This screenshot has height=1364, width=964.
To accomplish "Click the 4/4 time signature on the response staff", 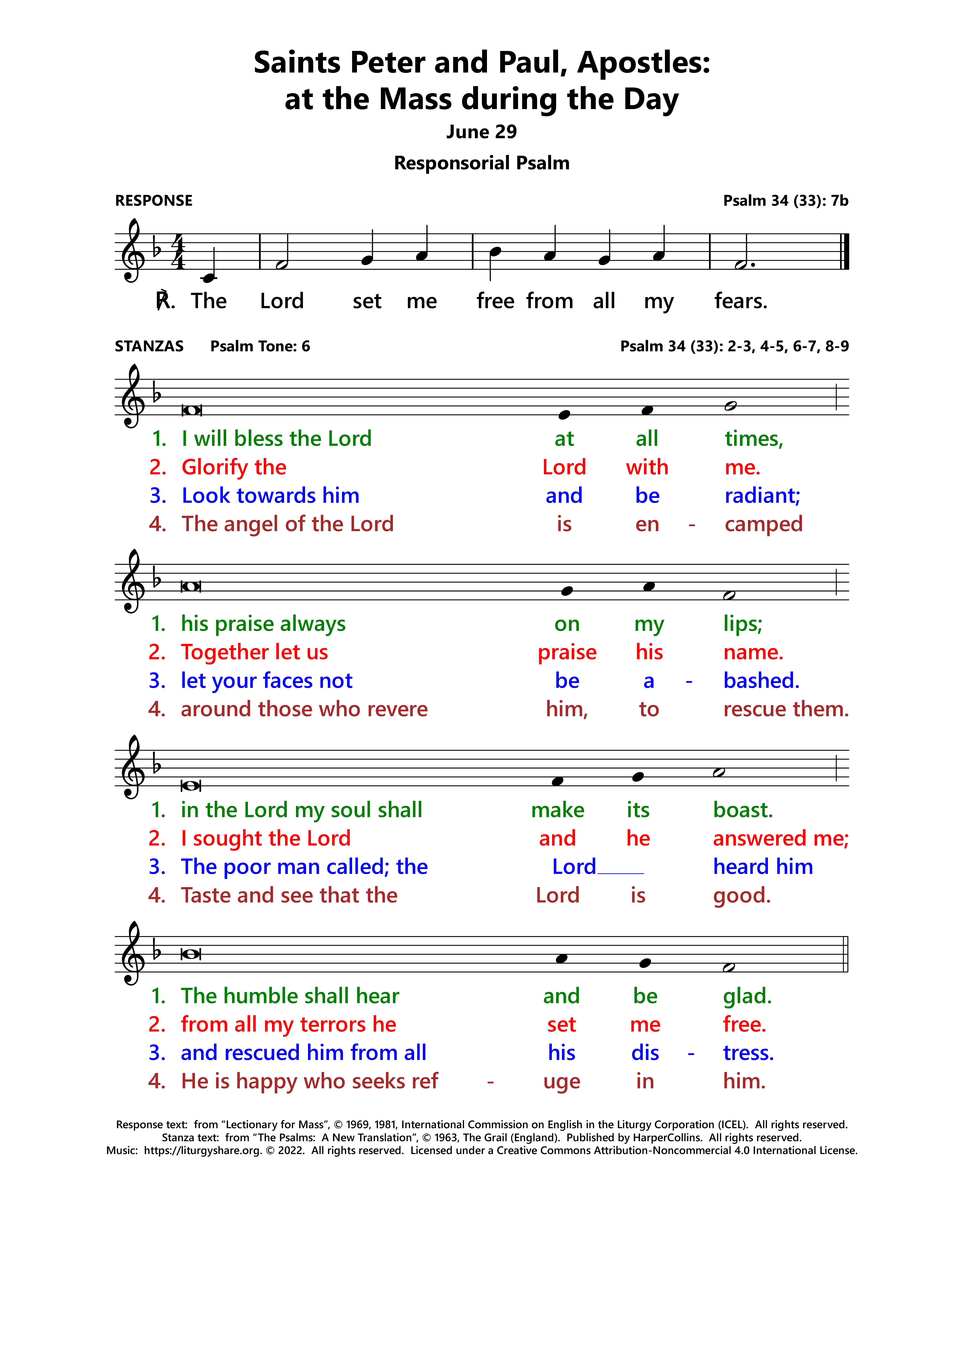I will click(x=178, y=251).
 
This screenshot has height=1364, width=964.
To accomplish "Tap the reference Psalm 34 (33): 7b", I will click(x=785, y=201).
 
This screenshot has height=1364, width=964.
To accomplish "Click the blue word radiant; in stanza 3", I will click(x=762, y=495).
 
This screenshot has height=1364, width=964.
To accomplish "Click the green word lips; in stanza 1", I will click(x=742, y=624).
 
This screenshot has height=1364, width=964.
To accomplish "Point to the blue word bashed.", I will click(x=761, y=681).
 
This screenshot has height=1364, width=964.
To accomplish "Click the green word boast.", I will click(x=742, y=810).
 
